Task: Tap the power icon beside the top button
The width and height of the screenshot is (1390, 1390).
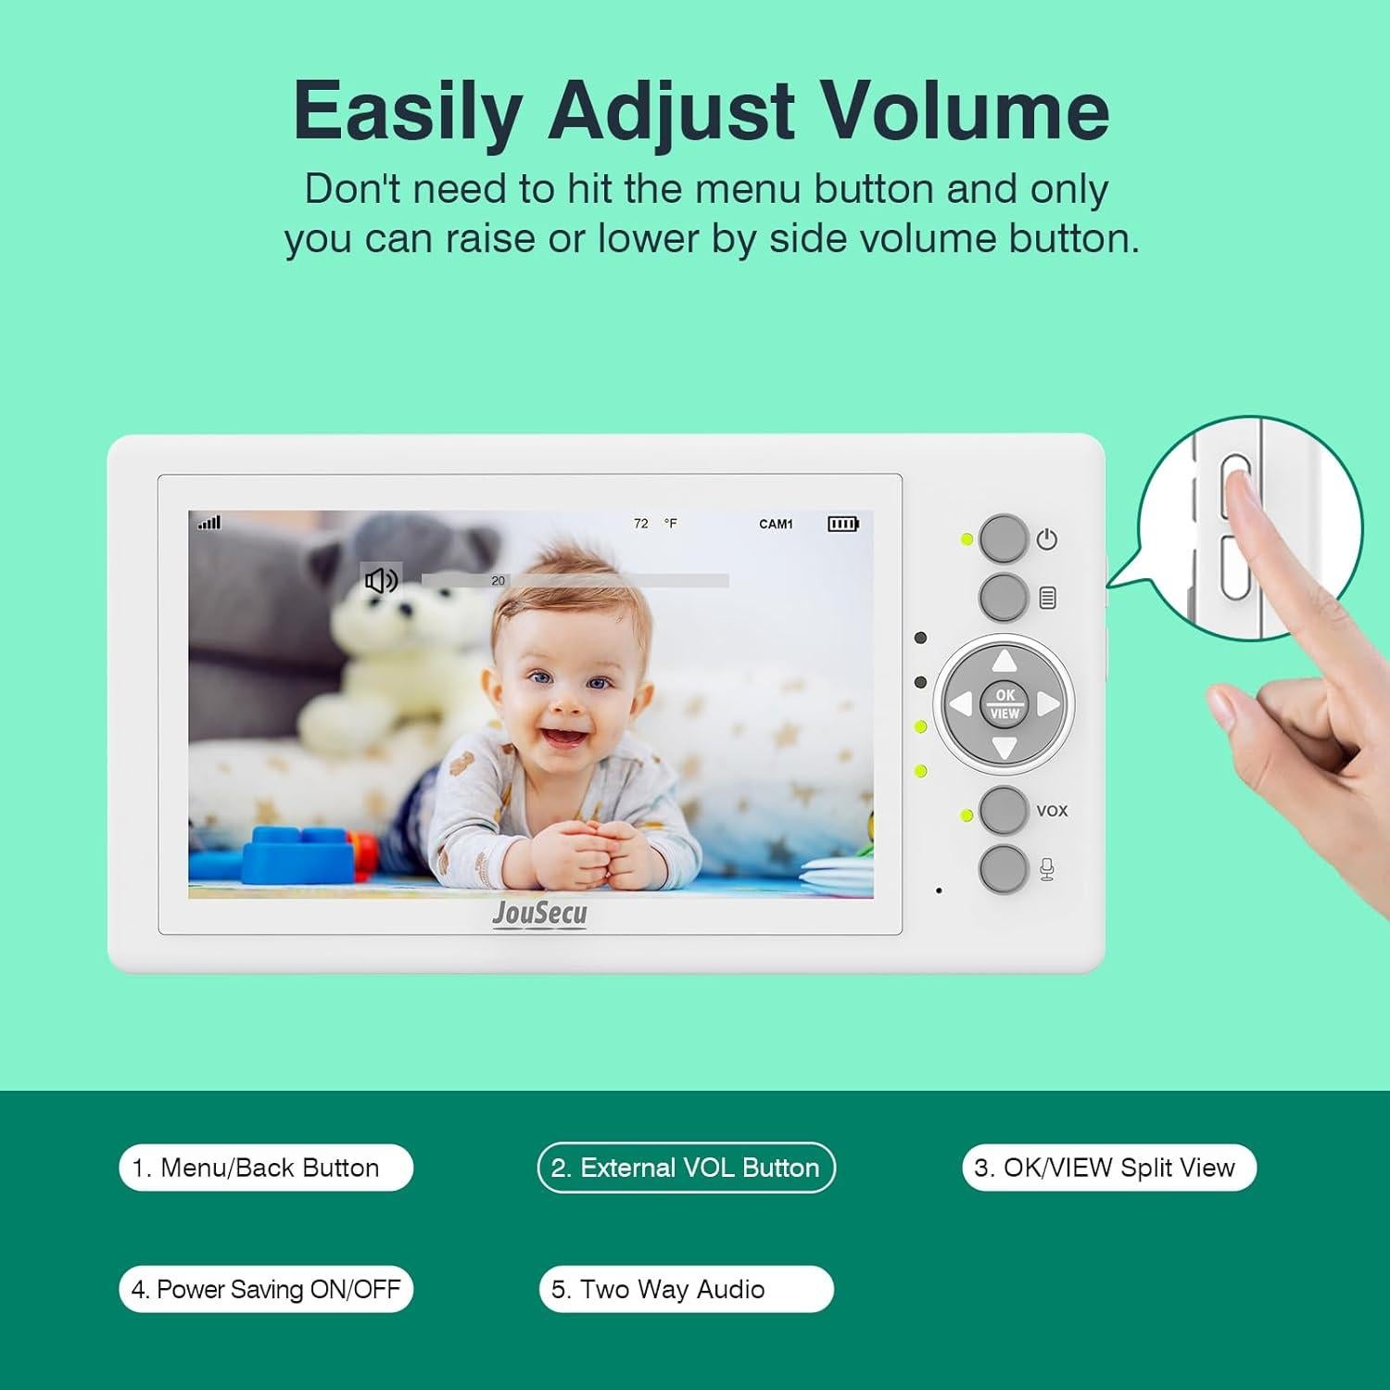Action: coord(1047,539)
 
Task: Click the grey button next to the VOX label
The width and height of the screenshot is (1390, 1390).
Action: coord(1004,810)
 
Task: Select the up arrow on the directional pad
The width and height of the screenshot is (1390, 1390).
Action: coord(1005,662)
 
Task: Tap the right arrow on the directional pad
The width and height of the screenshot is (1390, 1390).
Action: coord(1047,704)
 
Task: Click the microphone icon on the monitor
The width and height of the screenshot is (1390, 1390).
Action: coord(1047,869)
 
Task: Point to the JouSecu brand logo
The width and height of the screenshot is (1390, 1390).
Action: coord(539,914)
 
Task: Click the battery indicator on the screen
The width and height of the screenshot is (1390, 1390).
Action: coord(842,524)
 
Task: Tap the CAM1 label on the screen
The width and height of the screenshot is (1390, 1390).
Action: coord(776,524)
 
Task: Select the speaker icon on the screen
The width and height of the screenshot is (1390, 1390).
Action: coord(381,581)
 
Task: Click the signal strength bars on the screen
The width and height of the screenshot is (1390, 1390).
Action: coord(209,523)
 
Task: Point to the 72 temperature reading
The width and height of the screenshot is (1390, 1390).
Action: coord(641,524)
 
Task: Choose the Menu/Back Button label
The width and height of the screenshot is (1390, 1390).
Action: coord(266,1168)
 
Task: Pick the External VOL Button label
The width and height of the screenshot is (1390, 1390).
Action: coord(686,1168)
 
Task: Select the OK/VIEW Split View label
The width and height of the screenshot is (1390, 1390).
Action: coord(1108,1168)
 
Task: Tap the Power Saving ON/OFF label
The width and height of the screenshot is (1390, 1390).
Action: coord(266,1289)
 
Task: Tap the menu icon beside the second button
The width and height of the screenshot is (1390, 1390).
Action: coord(1048,599)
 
